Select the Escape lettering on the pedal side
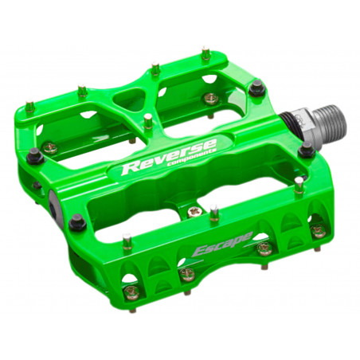(223, 244)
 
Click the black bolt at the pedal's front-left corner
(77, 221)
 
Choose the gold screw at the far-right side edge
(318, 230)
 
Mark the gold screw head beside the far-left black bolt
(49, 147)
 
